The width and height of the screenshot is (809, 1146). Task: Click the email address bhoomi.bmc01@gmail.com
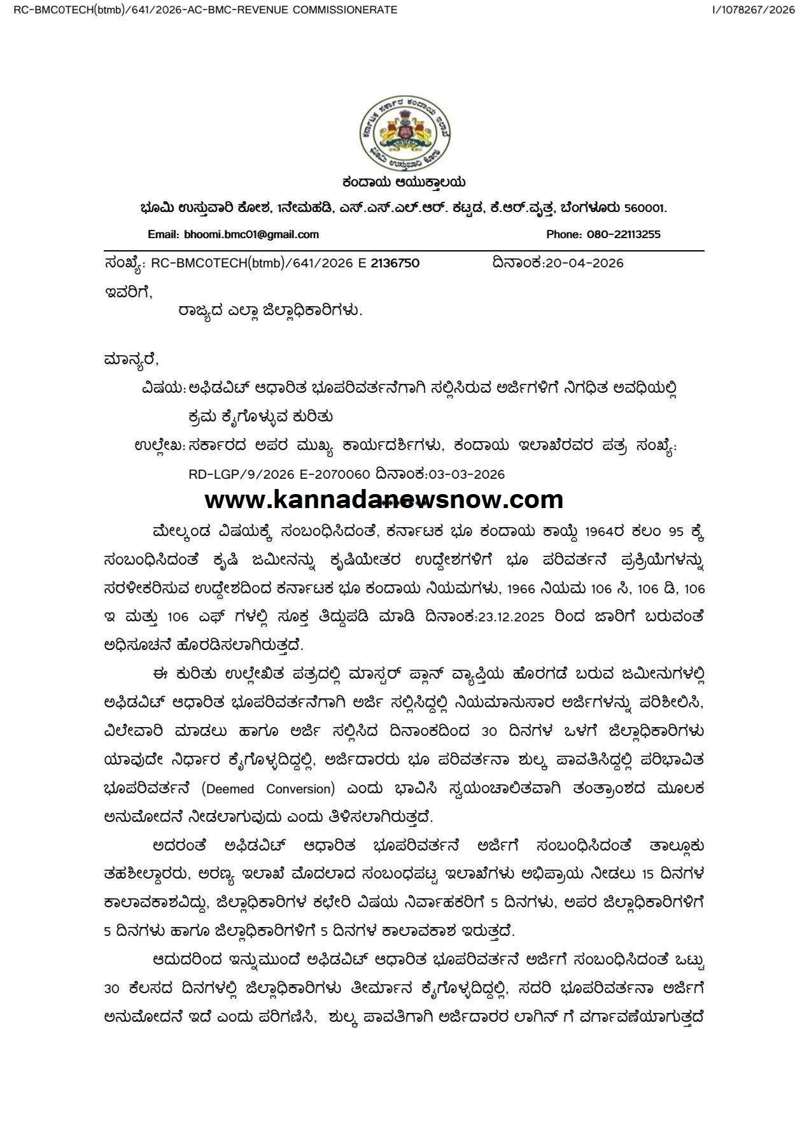pyautogui.click(x=251, y=234)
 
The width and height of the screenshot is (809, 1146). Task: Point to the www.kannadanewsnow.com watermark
pyautogui.click(x=384, y=499)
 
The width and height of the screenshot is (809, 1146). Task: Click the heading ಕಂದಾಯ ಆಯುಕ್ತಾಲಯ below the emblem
pyautogui.click(x=404, y=183)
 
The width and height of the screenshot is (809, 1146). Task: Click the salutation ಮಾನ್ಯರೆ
pyautogui.click(x=130, y=360)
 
